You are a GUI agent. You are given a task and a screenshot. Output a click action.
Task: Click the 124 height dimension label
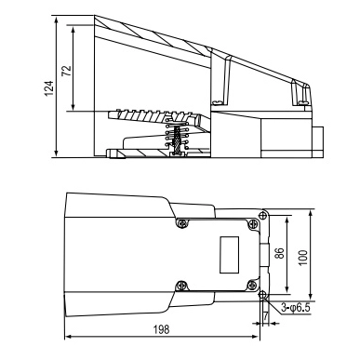tap(49, 88)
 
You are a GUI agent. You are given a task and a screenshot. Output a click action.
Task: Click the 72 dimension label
tap(67, 71)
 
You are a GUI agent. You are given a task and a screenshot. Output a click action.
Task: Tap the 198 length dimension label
tap(162, 329)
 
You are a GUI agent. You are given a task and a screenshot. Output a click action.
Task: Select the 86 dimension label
tap(279, 254)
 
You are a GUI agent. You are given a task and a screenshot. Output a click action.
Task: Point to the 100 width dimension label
tap(303, 258)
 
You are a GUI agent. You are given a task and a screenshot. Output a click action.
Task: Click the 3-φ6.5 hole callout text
tap(296, 308)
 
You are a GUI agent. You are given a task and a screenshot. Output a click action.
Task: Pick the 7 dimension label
tap(266, 316)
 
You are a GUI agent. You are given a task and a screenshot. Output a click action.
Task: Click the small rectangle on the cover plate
tap(229, 255)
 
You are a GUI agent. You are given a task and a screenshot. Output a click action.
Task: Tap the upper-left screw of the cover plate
tap(182, 223)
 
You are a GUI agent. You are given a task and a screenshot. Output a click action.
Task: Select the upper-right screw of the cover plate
tap(253, 223)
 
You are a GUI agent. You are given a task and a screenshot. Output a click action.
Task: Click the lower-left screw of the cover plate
tap(181, 285)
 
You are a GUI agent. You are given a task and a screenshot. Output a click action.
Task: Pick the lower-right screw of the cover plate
tap(253, 285)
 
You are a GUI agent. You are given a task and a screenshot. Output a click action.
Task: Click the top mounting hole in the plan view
tap(263, 214)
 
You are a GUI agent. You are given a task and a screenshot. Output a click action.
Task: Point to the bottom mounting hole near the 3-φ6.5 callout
tap(262, 294)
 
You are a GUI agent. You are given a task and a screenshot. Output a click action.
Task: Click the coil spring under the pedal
tap(177, 135)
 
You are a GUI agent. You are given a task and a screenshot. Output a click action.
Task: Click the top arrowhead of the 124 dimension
tap(56, 20)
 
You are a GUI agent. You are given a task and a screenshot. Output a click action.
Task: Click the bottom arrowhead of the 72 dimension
tap(73, 107)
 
